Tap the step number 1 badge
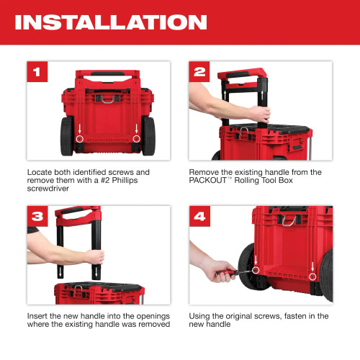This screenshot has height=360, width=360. coord(37,72)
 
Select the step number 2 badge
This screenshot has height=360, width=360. coord(199,72)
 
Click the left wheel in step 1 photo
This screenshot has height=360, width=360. coord(66,136)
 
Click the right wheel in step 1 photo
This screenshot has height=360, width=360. coord(149,136)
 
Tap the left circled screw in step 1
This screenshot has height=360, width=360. coord(80,138)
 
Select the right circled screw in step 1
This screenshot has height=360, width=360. coord(136,138)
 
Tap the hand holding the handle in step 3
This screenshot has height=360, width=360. coord(94,256)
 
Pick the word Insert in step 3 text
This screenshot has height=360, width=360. coord(39,316)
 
